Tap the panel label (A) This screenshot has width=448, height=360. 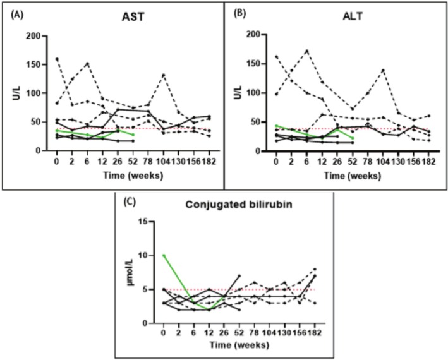click(x=13, y=8)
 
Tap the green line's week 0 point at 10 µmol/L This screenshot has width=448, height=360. click(x=164, y=255)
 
